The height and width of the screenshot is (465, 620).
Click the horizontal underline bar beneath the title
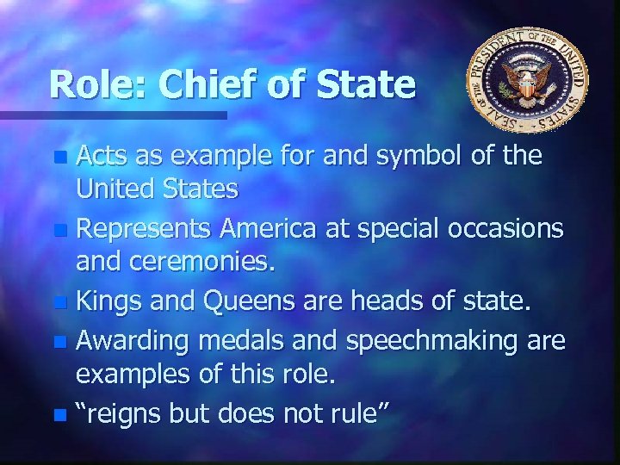coord(112,114)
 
